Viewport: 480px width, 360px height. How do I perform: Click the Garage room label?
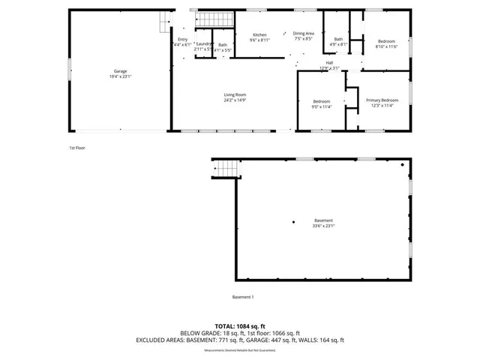coord(120,71)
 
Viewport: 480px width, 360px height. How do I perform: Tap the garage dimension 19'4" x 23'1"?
coord(120,76)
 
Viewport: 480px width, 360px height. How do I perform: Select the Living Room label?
coord(235,94)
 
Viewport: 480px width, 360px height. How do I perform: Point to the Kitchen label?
coord(259,34)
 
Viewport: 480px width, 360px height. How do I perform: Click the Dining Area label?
coord(303,34)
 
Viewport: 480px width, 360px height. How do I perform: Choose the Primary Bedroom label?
coord(382,100)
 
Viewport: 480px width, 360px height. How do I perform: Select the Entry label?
coord(183,40)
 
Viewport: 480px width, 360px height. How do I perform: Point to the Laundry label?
coord(204,44)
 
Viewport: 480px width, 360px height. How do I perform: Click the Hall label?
coord(329,62)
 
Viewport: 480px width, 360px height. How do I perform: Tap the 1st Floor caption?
coord(77,148)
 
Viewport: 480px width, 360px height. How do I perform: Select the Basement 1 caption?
coord(243,297)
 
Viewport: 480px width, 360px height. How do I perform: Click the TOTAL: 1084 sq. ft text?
coord(239,326)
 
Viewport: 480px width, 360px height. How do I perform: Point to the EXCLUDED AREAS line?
coord(239,340)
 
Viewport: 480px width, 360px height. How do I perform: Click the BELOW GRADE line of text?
coord(239,333)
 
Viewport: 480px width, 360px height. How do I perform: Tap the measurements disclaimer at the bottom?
coord(239,350)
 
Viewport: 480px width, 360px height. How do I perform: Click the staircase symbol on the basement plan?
coord(226,171)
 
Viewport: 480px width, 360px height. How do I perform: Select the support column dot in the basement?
coord(293,221)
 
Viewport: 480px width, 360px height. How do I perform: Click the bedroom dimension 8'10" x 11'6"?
coord(386,46)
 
